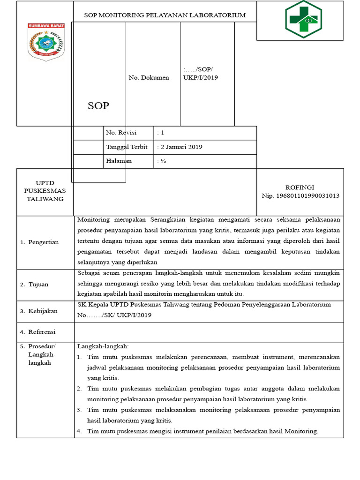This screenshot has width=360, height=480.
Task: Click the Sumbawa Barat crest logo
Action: point(45,42)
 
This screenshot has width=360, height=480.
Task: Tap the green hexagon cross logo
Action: point(303,19)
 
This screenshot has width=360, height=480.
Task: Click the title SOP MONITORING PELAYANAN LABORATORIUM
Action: point(165,15)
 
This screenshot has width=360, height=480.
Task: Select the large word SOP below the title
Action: point(98,106)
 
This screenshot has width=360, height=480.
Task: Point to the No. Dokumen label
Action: point(149,78)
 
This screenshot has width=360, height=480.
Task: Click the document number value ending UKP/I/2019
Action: point(200,74)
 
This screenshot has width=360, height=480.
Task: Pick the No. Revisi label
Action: point(121,133)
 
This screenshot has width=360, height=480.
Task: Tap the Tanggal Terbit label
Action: point(127,147)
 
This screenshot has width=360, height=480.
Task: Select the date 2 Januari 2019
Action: point(181,147)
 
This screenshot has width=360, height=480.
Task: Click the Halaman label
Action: point(119,161)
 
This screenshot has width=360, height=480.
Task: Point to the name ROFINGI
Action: point(300,187)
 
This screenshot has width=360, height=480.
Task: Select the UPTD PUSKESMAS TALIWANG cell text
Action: point(45,191)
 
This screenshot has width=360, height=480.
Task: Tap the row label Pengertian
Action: point(43,242)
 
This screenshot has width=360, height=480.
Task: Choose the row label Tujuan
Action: point(38,285)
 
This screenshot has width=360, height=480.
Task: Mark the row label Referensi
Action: point(42,332)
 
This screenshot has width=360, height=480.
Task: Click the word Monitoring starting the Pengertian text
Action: point(94,219)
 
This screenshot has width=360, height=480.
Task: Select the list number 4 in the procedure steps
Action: point(79,431)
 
